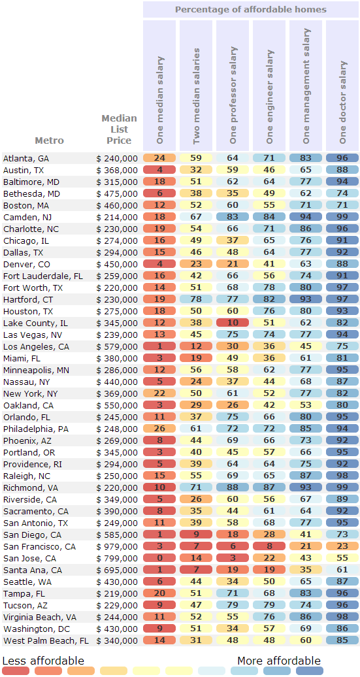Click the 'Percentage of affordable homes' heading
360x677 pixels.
coord(251,10)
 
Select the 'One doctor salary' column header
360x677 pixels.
coord(343,102)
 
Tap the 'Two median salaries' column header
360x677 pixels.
coord(197,96)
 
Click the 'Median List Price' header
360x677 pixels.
coord(119,129)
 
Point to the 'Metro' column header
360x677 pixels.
coord(49,140)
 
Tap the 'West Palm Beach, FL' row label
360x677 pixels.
coord(46,640)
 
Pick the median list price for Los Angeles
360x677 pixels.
coord(117,347)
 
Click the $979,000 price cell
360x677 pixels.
coord(117,547)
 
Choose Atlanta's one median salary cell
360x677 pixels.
coord(159,158)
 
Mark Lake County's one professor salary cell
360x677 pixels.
coord(233,323)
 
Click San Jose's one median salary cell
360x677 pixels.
coord(159,559)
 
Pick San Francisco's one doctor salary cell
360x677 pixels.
coord(343,547)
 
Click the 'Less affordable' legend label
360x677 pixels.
coord(43,661)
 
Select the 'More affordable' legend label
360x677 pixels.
coord(279,661)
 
